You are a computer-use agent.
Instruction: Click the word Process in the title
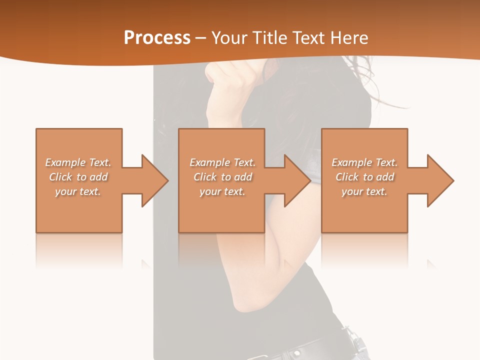point(157,38)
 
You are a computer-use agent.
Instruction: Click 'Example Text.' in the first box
point(78,162)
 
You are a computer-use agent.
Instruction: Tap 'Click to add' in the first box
point(78,177)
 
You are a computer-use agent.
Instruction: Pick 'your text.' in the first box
point(78,191)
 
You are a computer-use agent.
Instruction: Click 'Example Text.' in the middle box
point(222,162)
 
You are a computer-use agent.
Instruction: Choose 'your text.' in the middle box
point(222,191)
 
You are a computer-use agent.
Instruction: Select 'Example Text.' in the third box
point(364,162)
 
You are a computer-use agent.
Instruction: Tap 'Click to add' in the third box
point(364,177)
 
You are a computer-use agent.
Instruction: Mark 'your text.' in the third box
point(364,191)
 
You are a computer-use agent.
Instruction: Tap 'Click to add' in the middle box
point(222,177)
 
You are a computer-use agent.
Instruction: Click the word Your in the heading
point(227,38)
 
